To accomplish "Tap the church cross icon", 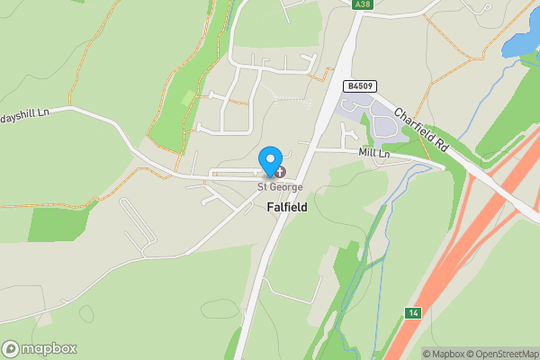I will coord(280,171).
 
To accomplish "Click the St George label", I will coord(280,187).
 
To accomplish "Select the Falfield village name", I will coord(287,207).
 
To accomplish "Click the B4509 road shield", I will coord(359,86).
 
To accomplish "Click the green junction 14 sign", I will coord(412,312).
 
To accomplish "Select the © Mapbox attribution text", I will coord(441,354).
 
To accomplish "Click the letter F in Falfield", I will coord(270,207).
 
